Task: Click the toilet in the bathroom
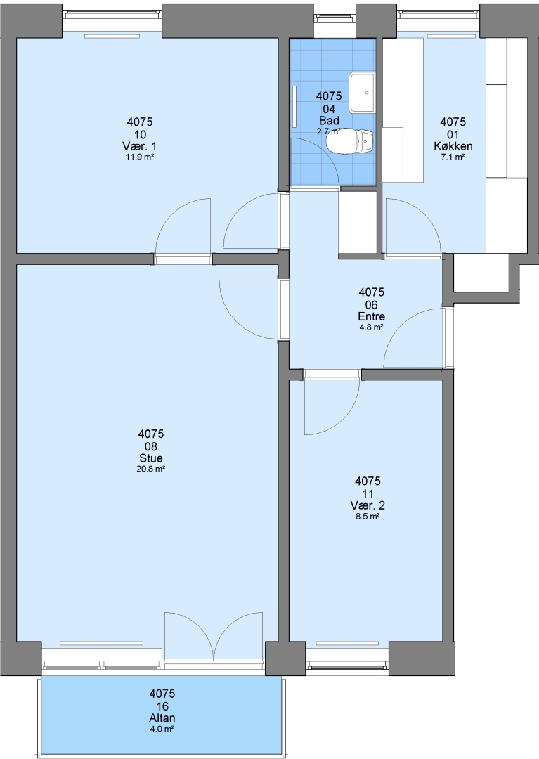pos(349,141)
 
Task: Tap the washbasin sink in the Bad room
pos(363,92)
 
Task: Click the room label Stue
pos(151,458)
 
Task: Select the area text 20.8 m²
pos(151,469)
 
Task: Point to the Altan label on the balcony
pos(162,718)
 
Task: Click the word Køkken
pos(453,146)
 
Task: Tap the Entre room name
pos(372,316)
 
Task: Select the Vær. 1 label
pos(140,146)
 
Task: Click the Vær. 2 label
pos(368,505)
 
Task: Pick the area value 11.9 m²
pos(140,157)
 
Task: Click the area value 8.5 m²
pos(368,516)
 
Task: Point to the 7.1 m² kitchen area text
pos(453,157)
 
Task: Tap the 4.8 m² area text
pos(372,327)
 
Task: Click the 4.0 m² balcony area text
pos(162,729)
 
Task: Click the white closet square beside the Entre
pos(358,223)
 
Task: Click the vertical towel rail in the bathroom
pos(294,106)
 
